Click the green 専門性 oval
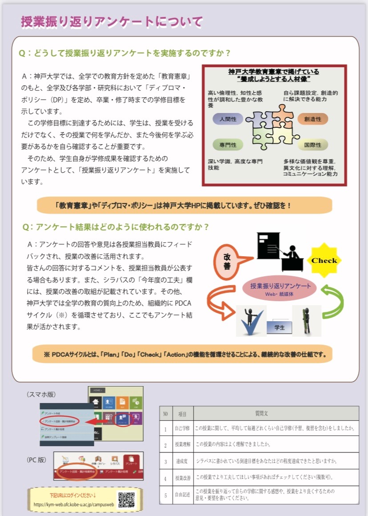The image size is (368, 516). click(x=227, y=144)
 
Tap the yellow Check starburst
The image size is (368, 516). click(x=324, y=260)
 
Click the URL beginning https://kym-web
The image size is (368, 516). click(x=74, y=505)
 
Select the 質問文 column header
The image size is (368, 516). click(x=274, y=413)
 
